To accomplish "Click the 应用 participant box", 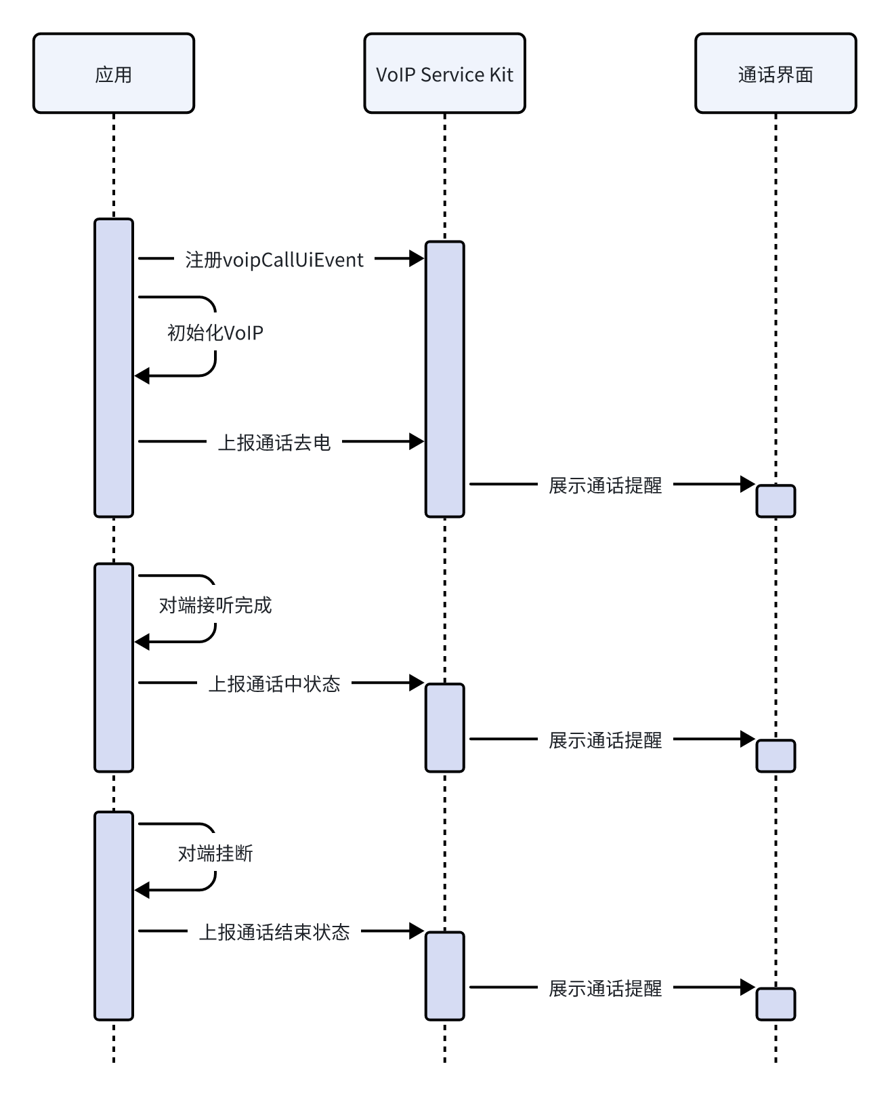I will (114, 73).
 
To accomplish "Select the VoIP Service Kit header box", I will (444, 73).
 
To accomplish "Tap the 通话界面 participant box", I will (776, 73).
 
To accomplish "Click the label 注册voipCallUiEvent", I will (274, 260).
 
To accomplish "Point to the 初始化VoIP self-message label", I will (215, 333).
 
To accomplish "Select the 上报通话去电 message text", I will (274, 443).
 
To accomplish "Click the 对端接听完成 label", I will (215, 605).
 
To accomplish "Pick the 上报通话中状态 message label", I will (274, 684).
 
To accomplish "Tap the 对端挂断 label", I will (215, 853).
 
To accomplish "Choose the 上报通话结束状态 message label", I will (274, 932).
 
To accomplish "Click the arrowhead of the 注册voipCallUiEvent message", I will (417, 258).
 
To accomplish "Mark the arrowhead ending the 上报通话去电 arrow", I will (417, 442).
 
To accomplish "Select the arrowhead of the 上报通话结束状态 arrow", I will (417, 931).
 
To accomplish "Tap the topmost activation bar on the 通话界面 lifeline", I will (776, 501).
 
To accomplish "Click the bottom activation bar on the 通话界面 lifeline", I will (776, 1004).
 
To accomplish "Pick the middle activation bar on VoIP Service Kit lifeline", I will (444, 727).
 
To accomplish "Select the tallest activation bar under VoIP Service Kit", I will (444, 380).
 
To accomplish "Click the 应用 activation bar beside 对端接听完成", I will (114, 668).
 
